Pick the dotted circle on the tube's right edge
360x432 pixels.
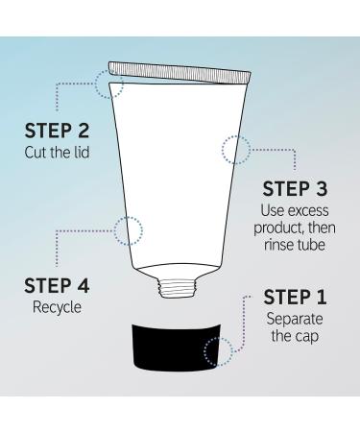(236, 149)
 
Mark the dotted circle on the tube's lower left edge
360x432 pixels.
(127, 230)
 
